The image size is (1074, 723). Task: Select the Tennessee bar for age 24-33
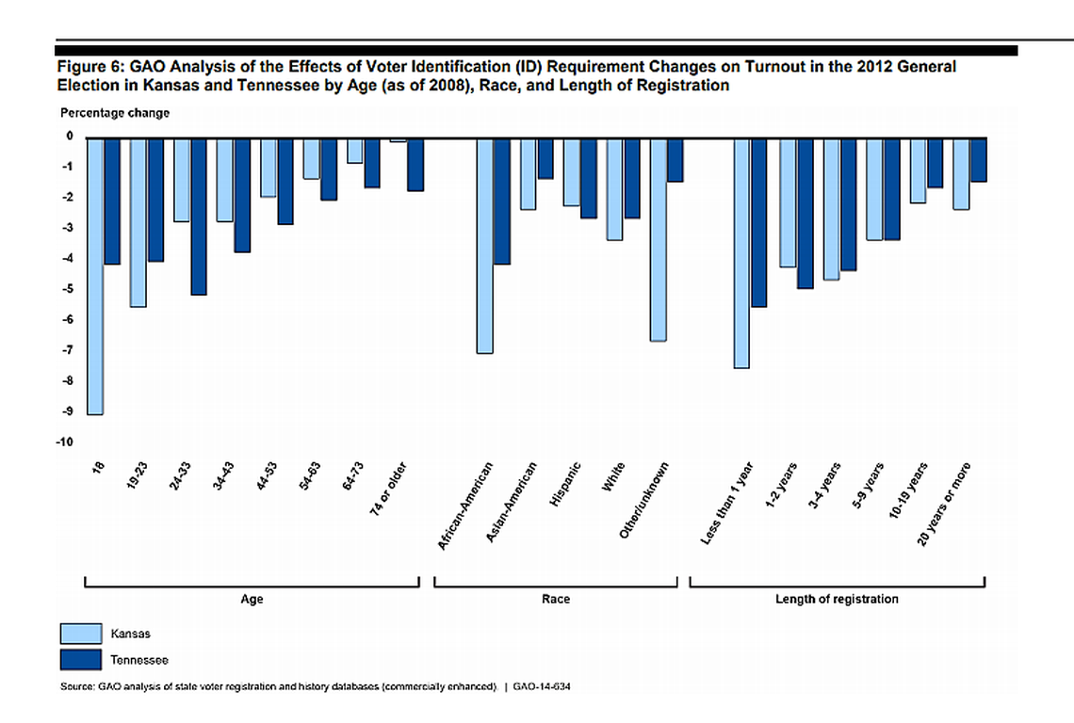pyautogui.click(x=199, y=217)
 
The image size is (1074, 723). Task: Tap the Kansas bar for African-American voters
pyautogui.click(x=484, y=246)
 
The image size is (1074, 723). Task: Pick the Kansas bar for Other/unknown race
pyautogui.click(x=658, y=239)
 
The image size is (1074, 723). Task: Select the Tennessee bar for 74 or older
pyautogui.click(x=415, y=165)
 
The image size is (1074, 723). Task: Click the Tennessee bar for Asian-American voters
pyautogui.click(x=545, y=158)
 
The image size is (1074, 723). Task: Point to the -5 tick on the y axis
pyautogui.click(x=68, y=289)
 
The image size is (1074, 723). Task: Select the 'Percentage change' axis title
pyautogui.click(x=102, y=113)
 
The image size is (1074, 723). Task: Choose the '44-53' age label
pyautogui.click(x=268, y=476)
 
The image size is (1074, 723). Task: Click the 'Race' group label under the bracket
pyautogui.click(x=556, y=599)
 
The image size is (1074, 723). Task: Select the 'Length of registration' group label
pyautogui.click(x=837, y=599)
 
